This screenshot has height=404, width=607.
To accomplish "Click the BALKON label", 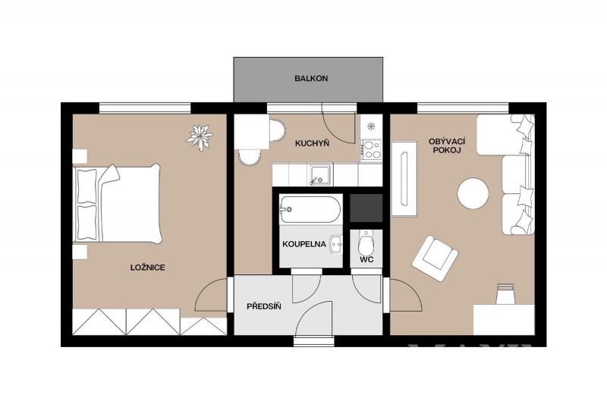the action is (311, 79).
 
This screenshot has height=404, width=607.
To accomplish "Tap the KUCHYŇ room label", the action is (312, 143).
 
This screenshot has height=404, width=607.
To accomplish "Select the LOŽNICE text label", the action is (147, 268).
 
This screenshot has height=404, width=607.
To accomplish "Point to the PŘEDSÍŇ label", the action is (264, 307).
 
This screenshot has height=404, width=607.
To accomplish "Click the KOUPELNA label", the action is (304, 244).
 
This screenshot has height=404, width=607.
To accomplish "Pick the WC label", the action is (366, 260).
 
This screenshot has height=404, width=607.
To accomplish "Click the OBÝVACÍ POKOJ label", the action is (447, 146).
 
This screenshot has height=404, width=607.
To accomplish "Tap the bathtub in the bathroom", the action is (310, 209).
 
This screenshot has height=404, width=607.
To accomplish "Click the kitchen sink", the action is (320, 174).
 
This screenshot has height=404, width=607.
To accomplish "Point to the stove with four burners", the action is (372, 149).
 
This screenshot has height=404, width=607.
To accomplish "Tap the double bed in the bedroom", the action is (117, 204).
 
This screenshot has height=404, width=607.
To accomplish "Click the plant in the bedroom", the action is (200, 137).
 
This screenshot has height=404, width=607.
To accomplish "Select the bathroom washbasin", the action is (336, 244).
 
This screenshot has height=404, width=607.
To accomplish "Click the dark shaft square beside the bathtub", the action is (366, 208).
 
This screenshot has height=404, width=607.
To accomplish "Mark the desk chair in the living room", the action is (506, 294).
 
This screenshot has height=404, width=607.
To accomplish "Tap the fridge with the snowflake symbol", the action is (372, 126).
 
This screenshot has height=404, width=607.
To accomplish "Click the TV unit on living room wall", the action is (404, 179).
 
